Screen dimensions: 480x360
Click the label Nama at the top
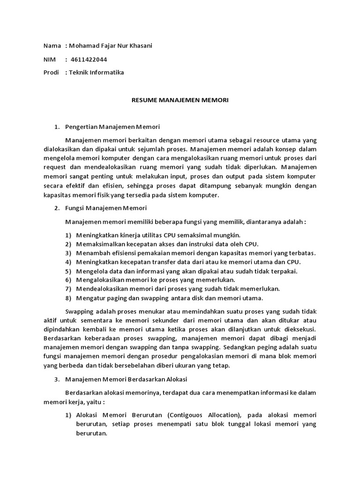coord(52,45)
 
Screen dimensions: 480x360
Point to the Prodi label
coord(52,72)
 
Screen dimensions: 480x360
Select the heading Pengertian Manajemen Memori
coord(113,127)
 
